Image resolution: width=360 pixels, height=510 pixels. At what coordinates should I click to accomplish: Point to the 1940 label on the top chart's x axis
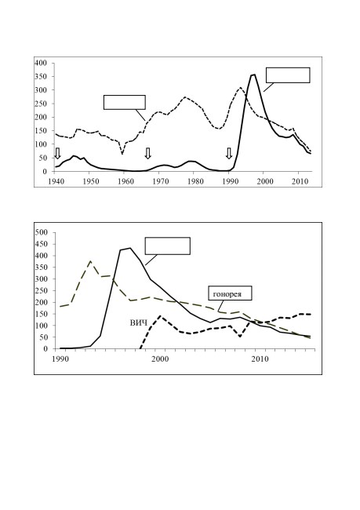coord(56,181)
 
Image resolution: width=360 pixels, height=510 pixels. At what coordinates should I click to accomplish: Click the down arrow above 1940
coord(57,153)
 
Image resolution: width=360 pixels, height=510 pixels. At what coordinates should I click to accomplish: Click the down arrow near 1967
coord(148,153)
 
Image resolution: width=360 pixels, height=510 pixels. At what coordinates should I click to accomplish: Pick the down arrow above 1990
coord(229,153)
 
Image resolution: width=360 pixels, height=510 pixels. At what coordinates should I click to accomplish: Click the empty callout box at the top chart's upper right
coord(288,75)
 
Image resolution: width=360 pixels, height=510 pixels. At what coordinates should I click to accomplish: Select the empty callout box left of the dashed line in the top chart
coord(124,102)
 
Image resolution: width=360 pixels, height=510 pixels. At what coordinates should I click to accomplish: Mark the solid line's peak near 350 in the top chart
coord(253,75)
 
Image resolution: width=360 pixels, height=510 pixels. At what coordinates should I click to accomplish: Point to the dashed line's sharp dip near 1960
coord(122,153)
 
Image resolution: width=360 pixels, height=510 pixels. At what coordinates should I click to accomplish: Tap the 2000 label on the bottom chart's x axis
coord(161,359)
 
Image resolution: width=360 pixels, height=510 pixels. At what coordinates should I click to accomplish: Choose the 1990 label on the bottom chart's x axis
coord(61,359)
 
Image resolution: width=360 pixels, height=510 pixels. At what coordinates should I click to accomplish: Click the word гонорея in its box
coord(227,294)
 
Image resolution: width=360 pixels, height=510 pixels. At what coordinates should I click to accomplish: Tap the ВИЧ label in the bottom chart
coord(139,323)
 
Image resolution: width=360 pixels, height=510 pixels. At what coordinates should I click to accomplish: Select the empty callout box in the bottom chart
coord(168,246)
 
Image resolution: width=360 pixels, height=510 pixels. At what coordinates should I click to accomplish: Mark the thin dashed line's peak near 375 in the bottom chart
coord(90,261)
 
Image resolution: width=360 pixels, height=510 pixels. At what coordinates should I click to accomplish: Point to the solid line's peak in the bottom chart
coord(129,248)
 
